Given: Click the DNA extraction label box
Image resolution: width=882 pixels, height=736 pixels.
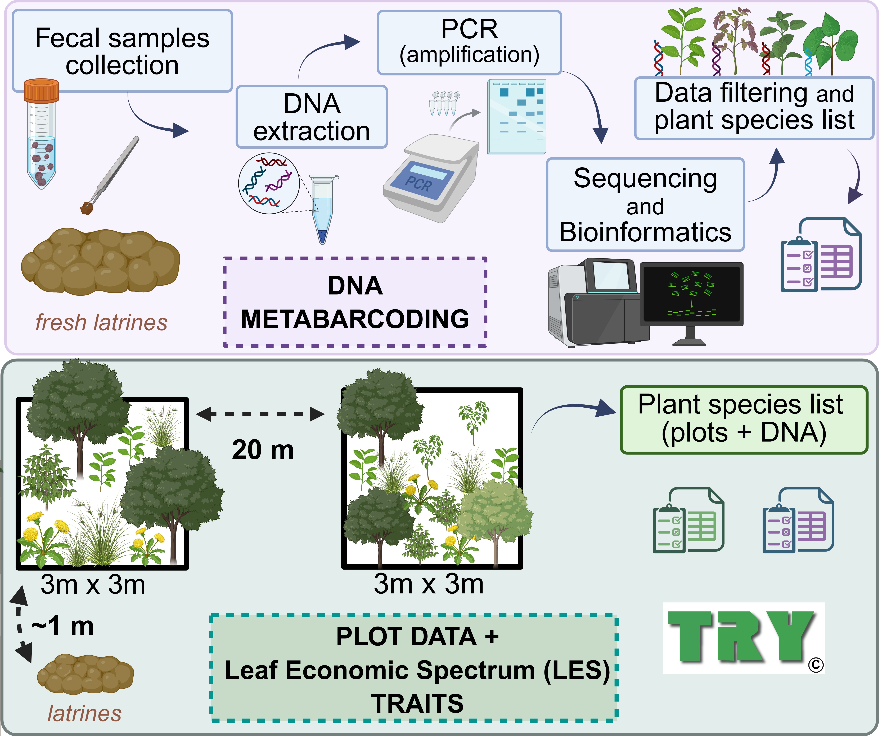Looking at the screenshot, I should coord(312,117).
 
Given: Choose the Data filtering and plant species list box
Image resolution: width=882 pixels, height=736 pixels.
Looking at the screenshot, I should coord(754,108).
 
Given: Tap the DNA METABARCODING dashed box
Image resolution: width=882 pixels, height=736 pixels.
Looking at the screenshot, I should coord(355,302).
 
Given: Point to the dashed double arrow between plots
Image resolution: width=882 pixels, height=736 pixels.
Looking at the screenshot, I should coord(260,414).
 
